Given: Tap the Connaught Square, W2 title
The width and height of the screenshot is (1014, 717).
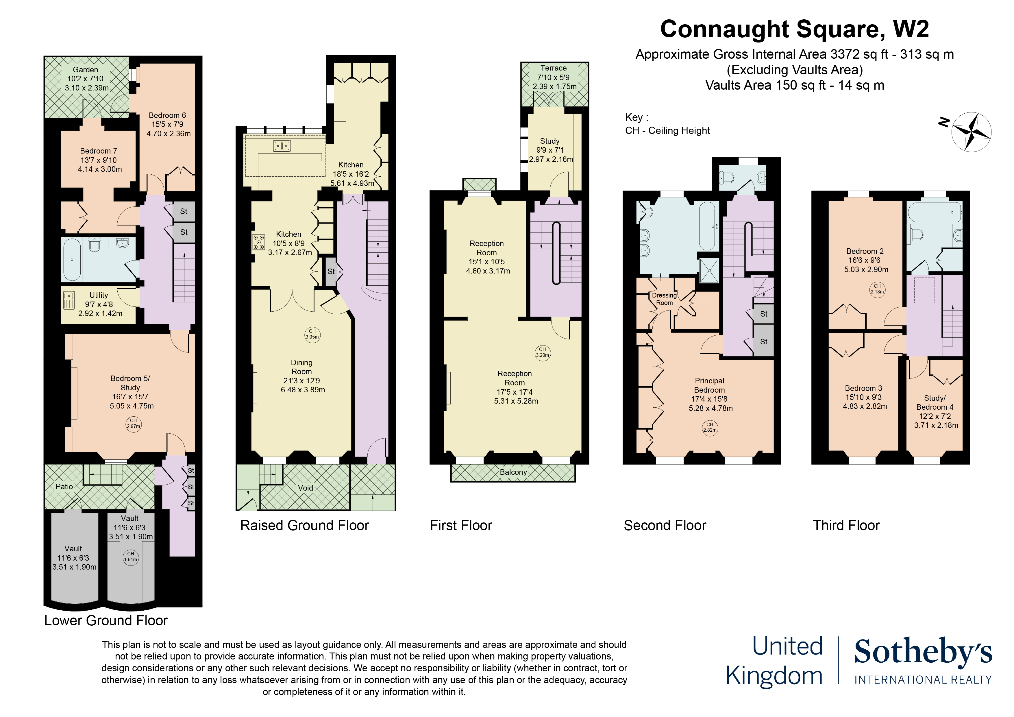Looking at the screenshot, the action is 795,29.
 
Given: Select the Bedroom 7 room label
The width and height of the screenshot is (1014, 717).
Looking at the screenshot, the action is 99,151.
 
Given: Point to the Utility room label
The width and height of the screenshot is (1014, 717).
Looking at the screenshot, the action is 99,295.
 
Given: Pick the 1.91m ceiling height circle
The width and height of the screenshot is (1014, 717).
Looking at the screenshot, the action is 131,557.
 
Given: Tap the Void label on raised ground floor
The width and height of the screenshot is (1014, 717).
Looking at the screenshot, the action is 305,488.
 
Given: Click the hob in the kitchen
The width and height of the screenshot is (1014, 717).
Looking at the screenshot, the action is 259,242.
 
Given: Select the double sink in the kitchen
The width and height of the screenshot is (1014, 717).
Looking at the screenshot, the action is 282,145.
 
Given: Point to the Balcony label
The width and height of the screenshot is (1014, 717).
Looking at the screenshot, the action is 513,472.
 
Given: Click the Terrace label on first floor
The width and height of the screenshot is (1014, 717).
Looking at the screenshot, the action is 553,68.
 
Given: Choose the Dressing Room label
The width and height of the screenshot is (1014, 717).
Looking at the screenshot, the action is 664,299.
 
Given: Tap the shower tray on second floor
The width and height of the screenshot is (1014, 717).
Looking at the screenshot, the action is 709,270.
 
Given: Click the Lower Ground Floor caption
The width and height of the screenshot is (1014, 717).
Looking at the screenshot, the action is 106,621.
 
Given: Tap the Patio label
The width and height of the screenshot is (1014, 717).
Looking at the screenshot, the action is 64,486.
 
